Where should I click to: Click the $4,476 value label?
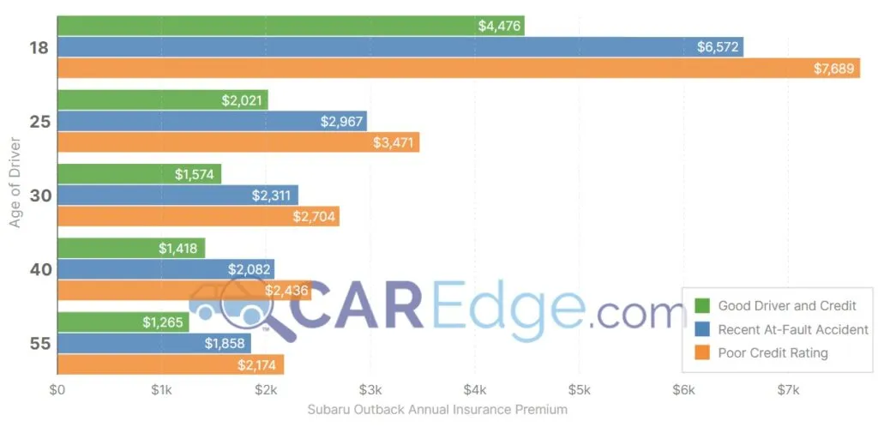click(499, 26)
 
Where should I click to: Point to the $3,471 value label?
click(394, 142)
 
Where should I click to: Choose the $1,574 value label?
click(195, 175)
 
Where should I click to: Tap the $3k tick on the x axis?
click(370, 391)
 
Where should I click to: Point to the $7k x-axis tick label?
click(788, 391)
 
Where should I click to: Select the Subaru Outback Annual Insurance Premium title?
click(436, 410)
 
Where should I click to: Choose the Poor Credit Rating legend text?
click(773, 352)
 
